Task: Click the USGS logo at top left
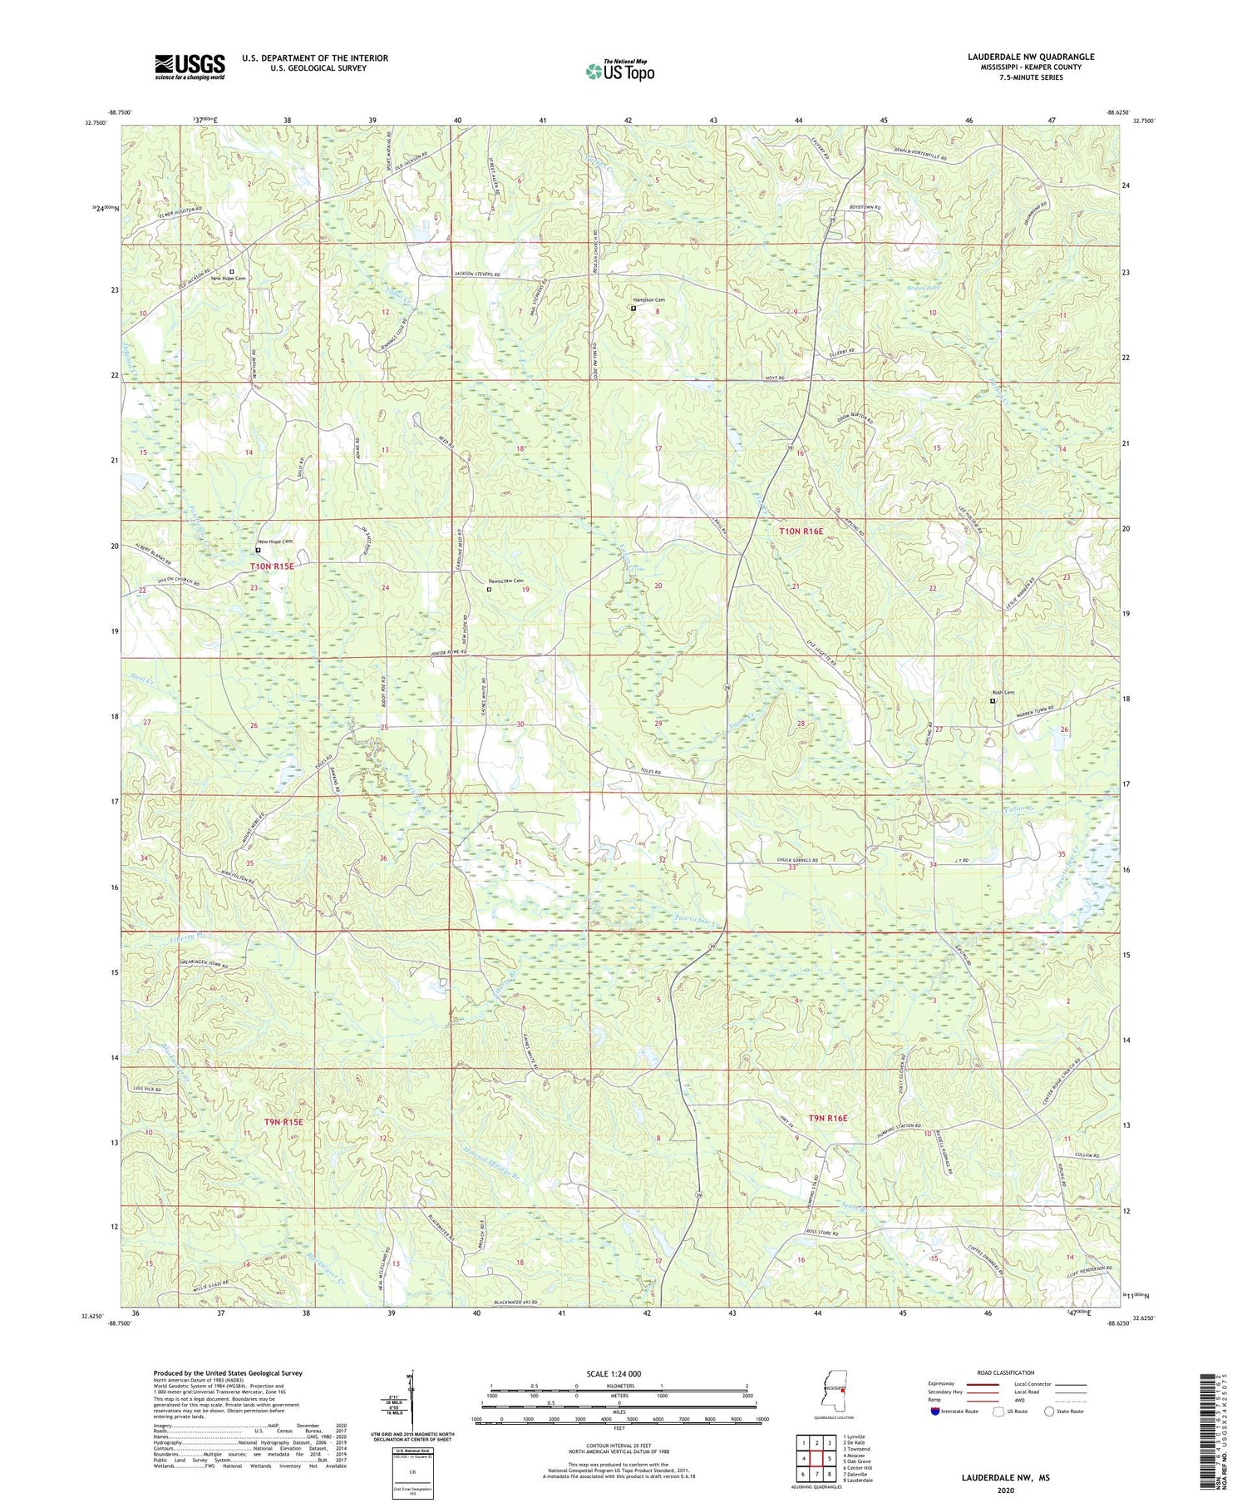click(x=190, y=67)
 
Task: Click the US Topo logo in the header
click(x=619, y=72)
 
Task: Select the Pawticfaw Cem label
click(x=505, y=581)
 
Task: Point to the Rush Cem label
click(x=1003, y=692)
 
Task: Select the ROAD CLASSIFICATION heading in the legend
click(x=1006, y=1372)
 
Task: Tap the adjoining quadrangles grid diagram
click(x=816, y=1457)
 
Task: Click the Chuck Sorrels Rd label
click(x=786, y=860)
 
